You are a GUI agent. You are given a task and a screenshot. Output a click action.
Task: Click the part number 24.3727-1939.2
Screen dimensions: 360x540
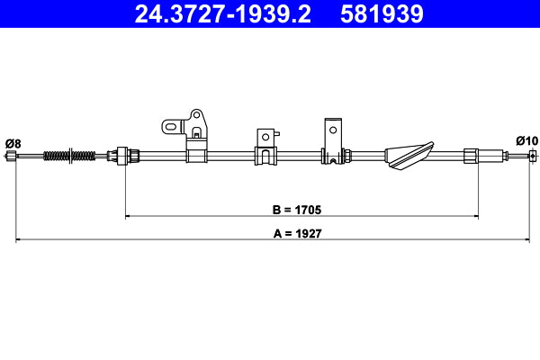(x=213, y=14)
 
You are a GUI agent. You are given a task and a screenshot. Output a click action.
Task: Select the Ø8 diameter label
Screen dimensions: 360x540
(x=13, y=142)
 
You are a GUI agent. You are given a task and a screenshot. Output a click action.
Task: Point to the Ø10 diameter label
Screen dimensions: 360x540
(x=526, y=140)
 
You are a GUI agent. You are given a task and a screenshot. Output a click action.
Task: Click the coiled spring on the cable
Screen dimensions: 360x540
(x=67, y=156)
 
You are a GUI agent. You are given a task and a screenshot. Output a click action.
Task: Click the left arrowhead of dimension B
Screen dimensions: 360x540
(x=129, y=216)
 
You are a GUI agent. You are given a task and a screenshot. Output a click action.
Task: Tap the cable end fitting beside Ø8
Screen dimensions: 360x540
(x=12, y=157)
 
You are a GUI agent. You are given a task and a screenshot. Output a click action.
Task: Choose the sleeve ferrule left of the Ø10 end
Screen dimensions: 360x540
(x=472, y=156)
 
